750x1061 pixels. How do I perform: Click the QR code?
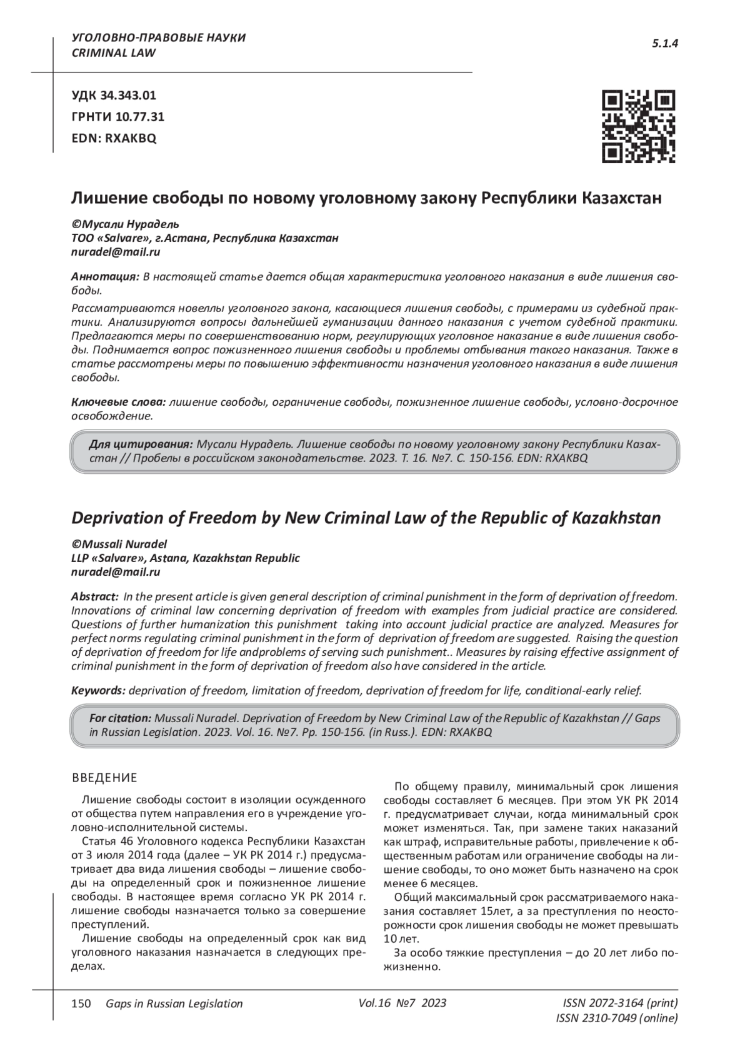click(638, 126)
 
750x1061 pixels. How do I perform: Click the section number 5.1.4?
click(665, 43)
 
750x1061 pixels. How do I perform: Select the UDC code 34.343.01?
click(114, 96)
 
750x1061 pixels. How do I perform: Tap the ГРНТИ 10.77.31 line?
click(118, 117)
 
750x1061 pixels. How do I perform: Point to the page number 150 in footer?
click(82, 1003)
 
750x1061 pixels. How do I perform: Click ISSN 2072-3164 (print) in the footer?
click(620, 1003)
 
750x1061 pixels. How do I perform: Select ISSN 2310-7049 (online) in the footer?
click(616, 1018)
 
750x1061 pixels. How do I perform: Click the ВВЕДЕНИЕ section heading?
click(104, 778)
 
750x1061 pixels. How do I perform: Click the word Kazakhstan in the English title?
click(616, 518)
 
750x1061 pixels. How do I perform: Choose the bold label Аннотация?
click(105, 276)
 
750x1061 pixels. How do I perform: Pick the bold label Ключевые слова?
click(118, 402)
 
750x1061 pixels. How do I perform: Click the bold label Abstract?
click(95, 596)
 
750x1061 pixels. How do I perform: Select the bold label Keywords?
click(99, 691)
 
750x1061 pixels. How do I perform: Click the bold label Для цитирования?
click(141, 445)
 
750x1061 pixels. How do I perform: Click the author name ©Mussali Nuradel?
click(119, 544)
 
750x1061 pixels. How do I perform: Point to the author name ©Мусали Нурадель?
click(125, 224)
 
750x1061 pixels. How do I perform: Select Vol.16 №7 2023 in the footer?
click(402, 1003)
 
